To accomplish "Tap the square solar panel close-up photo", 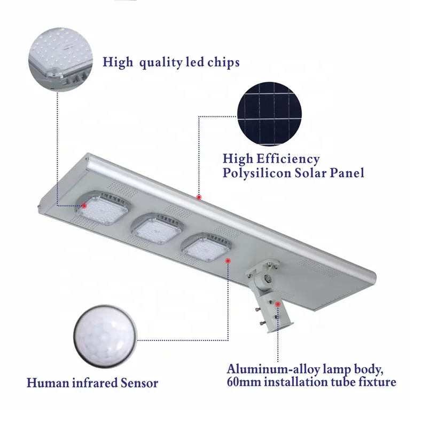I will click(270, 112).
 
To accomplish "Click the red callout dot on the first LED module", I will click(85, 204).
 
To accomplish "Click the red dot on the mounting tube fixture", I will click(278, 305).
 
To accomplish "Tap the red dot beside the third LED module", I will click(229, 260).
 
